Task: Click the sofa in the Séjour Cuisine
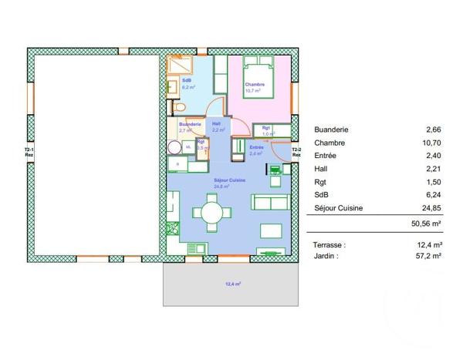point(271,203)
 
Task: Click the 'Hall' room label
point(216,123)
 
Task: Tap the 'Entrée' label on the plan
point(256,147)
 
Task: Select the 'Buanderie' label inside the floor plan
point(190,124)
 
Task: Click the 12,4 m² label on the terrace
point(232,284)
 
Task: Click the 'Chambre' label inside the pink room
point(255,85)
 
